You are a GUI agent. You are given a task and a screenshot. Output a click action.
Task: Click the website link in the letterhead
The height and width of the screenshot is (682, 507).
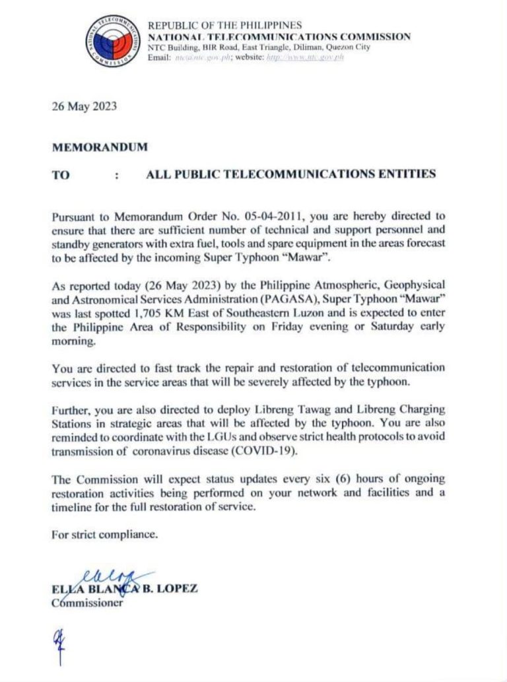point(304,57)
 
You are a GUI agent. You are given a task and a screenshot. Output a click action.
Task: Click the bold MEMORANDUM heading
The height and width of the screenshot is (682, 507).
point(100,147)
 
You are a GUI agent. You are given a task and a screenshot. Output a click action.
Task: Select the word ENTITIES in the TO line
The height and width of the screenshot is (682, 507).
point(403,174)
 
